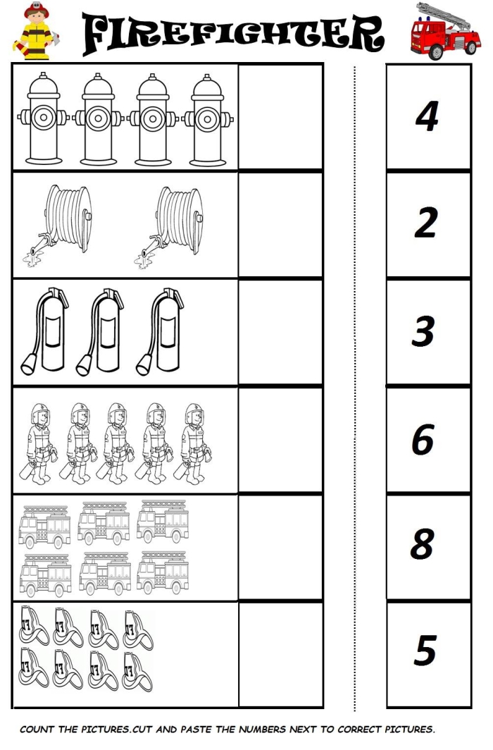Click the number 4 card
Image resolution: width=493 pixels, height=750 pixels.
point(428,116)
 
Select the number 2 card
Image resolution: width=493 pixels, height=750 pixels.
point(428,224)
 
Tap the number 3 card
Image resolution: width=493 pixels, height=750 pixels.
point(428,331)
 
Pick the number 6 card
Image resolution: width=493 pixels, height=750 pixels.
point(428,439)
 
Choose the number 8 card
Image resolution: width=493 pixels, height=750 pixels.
point(428,546)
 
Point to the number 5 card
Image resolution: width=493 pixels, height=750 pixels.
point(428,653)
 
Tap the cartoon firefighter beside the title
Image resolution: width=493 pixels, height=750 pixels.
point(33,32)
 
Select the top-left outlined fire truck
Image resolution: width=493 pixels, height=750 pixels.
point(44,526)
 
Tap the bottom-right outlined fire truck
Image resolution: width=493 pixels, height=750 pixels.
point(163,574)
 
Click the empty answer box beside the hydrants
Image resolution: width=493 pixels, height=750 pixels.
point(280,116)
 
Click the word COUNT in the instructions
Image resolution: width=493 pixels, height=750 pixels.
point(37,730)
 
